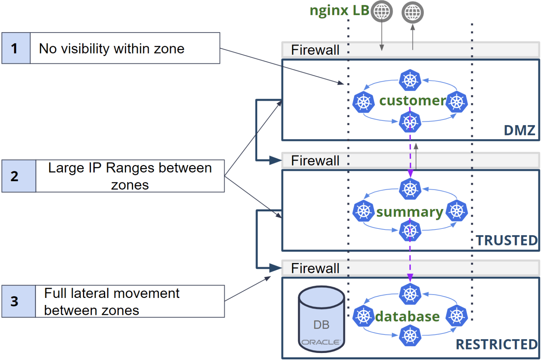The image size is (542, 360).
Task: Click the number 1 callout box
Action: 16,48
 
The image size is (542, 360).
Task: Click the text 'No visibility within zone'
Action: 112,49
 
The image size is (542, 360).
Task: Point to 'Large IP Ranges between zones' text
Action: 130,176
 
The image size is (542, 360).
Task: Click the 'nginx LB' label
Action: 339,11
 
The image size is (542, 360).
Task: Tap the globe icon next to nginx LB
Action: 381,11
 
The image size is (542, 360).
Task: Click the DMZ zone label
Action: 519,130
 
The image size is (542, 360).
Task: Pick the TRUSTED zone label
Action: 507,240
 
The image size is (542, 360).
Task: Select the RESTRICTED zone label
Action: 496,344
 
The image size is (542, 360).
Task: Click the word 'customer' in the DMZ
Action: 412,101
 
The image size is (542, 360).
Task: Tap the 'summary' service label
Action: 410,212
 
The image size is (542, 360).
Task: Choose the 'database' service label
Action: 407,317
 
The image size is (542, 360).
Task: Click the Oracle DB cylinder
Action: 321,319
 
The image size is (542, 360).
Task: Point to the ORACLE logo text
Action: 321,342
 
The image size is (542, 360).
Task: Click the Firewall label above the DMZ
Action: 315,50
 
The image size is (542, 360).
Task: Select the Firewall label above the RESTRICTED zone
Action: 315,268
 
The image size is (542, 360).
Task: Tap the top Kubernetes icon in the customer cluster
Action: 410,80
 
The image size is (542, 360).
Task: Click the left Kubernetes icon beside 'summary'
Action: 363,211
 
